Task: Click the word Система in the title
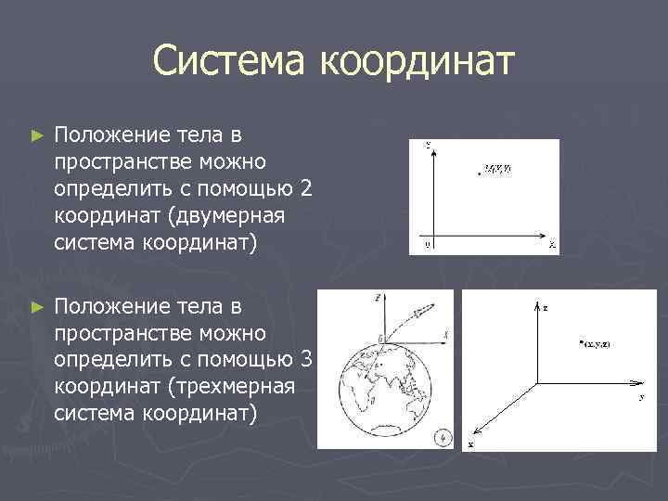click(x=232, y=61)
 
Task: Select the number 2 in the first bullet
click(x=307, y=189)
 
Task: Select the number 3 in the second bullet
click(x=307, y=358)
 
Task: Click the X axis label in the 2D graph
click(x=551, y=245)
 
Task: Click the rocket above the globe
click(x=422, y=312)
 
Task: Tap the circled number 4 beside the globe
click(x=444, y=435)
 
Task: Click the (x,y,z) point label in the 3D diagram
click(x=595, y=344)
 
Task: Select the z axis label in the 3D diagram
click(x=545, y=305)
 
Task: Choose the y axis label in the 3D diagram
click(x=641, y=396)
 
